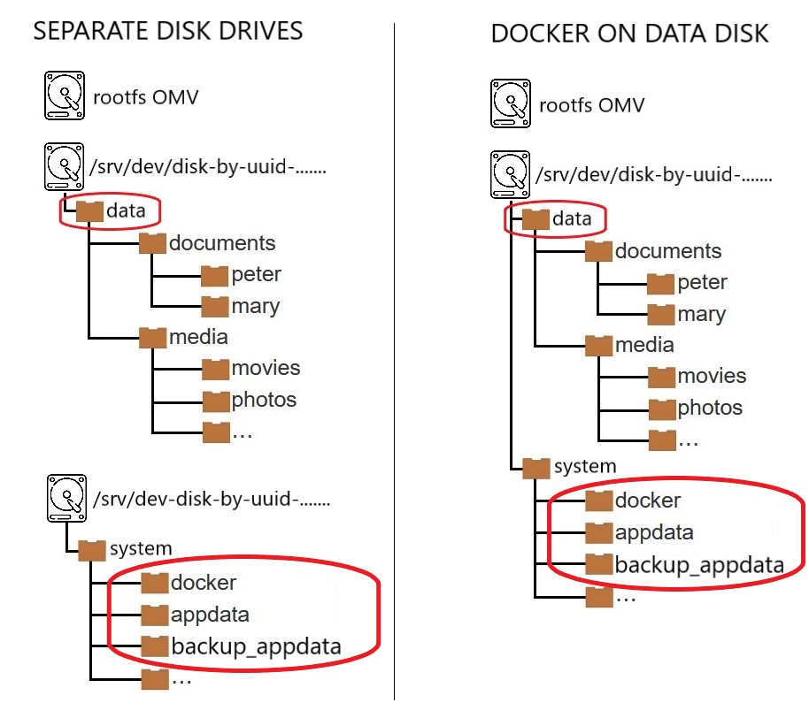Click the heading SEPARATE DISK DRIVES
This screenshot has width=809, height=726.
click(168, 32)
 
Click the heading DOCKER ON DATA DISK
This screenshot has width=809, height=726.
click(629, 34)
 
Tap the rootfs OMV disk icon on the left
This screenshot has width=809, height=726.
click(64, 96)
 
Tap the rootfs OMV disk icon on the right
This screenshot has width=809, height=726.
click(510, 104)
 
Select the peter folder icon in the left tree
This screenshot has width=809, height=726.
click(215, 275)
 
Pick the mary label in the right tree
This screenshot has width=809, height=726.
click(701, 314)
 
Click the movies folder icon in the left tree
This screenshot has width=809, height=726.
click(215, 369)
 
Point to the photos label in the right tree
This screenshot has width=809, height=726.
click(710, 408)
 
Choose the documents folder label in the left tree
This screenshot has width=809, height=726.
click(222, 243)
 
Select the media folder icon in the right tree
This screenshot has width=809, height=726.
click(599, 345)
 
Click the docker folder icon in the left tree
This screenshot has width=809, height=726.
click(155, 583)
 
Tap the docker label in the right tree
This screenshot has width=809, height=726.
click(648, 501)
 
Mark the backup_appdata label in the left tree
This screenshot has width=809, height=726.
click(256, 646)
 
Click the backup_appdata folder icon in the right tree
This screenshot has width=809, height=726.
click(599, 564)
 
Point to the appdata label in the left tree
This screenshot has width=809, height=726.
click(210, 615)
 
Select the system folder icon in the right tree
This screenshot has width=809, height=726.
click(536, 466)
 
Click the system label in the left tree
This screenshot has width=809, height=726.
click(140, 549)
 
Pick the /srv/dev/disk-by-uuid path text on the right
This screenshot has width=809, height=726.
click(653, 175)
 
